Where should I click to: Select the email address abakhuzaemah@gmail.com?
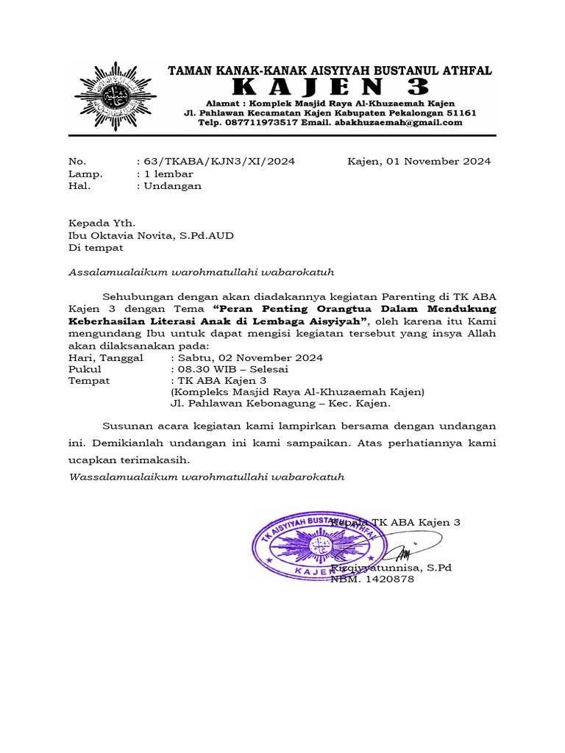(398, 123)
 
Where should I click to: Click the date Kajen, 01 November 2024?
(419, 161)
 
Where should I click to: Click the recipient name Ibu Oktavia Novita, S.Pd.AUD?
(152, 235)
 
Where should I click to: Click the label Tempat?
(88, 381)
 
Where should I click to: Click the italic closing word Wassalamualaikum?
(119, 477)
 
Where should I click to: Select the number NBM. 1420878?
(373, 579)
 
